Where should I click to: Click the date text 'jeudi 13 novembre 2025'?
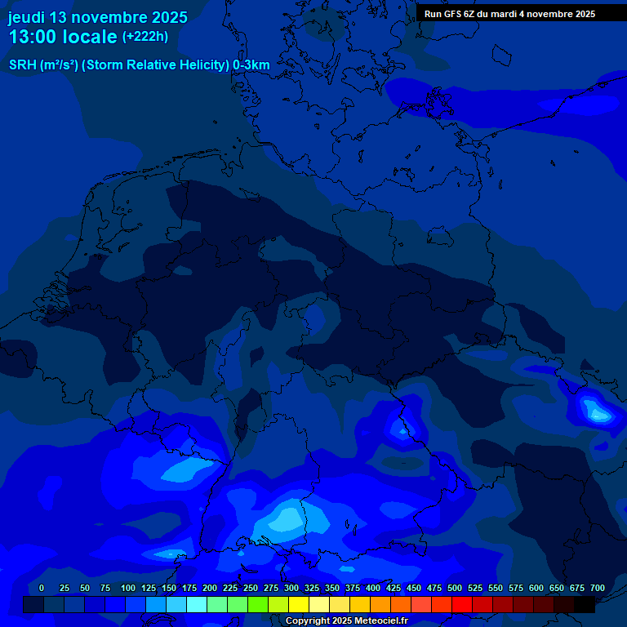[98, 17]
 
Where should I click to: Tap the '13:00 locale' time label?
[63, 37]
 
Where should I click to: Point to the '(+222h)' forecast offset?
[145, 36]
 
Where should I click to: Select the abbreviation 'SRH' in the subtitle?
[22, 65]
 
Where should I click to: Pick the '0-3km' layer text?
[251, 65]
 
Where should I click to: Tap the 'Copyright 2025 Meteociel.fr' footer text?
[345, 620]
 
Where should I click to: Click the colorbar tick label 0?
[42, 588]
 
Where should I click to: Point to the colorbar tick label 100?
[128, 588]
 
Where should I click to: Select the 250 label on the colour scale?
[251, 588]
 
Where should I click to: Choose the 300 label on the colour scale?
[291, 588]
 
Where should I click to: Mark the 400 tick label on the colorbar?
[373, 588]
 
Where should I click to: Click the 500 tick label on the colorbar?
[455, 588]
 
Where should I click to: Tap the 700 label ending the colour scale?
[598, 588]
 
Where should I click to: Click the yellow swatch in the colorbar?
[299, 604]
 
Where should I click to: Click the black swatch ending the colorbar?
[585, 604]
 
